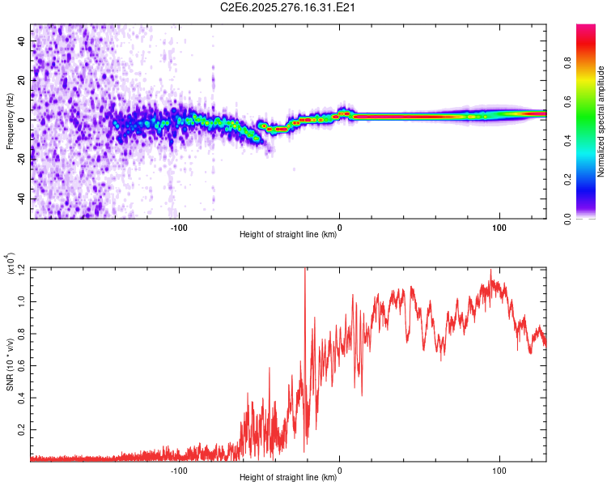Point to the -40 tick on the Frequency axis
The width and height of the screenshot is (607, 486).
20,198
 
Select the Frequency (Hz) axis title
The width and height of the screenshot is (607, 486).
10,122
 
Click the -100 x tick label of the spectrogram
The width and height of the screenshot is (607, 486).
179,228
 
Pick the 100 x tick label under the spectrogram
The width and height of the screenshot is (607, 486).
499,228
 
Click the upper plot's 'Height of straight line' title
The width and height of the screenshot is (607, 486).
288,235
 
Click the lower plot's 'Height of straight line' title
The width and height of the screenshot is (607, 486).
288,478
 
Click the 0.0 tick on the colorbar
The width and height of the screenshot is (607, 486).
592,218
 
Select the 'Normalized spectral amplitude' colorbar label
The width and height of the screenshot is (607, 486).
601,122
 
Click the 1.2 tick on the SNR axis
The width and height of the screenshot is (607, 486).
21,268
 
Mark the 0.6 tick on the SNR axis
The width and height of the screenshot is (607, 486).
21,364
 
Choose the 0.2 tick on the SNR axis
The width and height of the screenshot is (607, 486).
21,428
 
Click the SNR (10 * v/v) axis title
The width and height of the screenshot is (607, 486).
10,364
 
